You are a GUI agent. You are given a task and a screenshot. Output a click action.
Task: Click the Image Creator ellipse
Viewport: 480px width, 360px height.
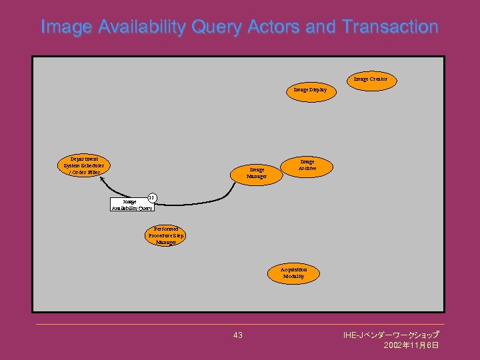370,79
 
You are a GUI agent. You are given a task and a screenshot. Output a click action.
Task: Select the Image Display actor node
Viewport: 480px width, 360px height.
310,89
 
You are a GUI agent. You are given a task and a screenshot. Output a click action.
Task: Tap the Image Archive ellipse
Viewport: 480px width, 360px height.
307,165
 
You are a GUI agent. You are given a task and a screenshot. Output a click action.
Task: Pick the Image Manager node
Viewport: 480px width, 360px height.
256,173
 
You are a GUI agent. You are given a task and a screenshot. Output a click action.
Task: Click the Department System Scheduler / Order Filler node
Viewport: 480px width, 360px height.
83,166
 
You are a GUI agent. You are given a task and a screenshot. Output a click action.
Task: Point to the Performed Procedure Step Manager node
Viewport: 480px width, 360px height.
165,236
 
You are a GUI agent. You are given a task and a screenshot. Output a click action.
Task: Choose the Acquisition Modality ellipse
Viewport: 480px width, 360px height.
293,273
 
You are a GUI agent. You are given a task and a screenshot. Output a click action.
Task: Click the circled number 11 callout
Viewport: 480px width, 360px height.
151,197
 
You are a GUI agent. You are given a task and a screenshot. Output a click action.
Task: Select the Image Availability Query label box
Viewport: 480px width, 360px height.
132,205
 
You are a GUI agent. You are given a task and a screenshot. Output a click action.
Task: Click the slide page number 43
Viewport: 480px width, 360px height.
238,335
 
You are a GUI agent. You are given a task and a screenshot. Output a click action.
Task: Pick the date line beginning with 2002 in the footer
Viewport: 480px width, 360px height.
411,345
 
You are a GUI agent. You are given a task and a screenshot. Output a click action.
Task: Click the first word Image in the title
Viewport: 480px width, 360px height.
66,27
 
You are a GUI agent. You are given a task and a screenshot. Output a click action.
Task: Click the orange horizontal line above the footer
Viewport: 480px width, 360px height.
240,325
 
